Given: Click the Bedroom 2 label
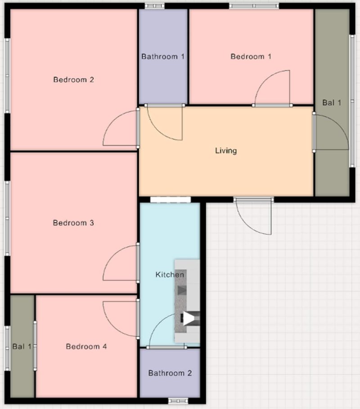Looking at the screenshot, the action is pyautogui.click(x=73, y=80).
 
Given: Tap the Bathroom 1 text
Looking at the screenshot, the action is pyautogui.click(x=163, y=56).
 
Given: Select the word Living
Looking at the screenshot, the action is pyautogui.click(x=226, y=151).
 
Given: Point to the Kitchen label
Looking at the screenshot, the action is pyautogui.click(x=170, y=274).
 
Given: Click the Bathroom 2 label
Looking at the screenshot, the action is pyautogui.click(x=170, y=373).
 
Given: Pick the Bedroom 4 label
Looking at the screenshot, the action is pyautogui.click(x=86, y=346).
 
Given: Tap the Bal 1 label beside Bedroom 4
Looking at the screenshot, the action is pyautogui.click(x=22, y=346).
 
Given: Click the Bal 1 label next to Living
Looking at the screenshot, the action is pyautogui.click(x=332, y=103).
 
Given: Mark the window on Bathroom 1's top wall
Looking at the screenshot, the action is pyautogui.click(x=155, y=6).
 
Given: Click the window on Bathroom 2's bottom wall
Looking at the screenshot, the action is pyautogui.click(x=178, y=400).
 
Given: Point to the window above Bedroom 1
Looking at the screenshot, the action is pyautogui.click(x=254, y=6).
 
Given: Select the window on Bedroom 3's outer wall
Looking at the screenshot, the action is pyautogui.click(x=7, y=218).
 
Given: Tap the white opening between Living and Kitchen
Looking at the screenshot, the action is pyautogui.click(x=171, y=200).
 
